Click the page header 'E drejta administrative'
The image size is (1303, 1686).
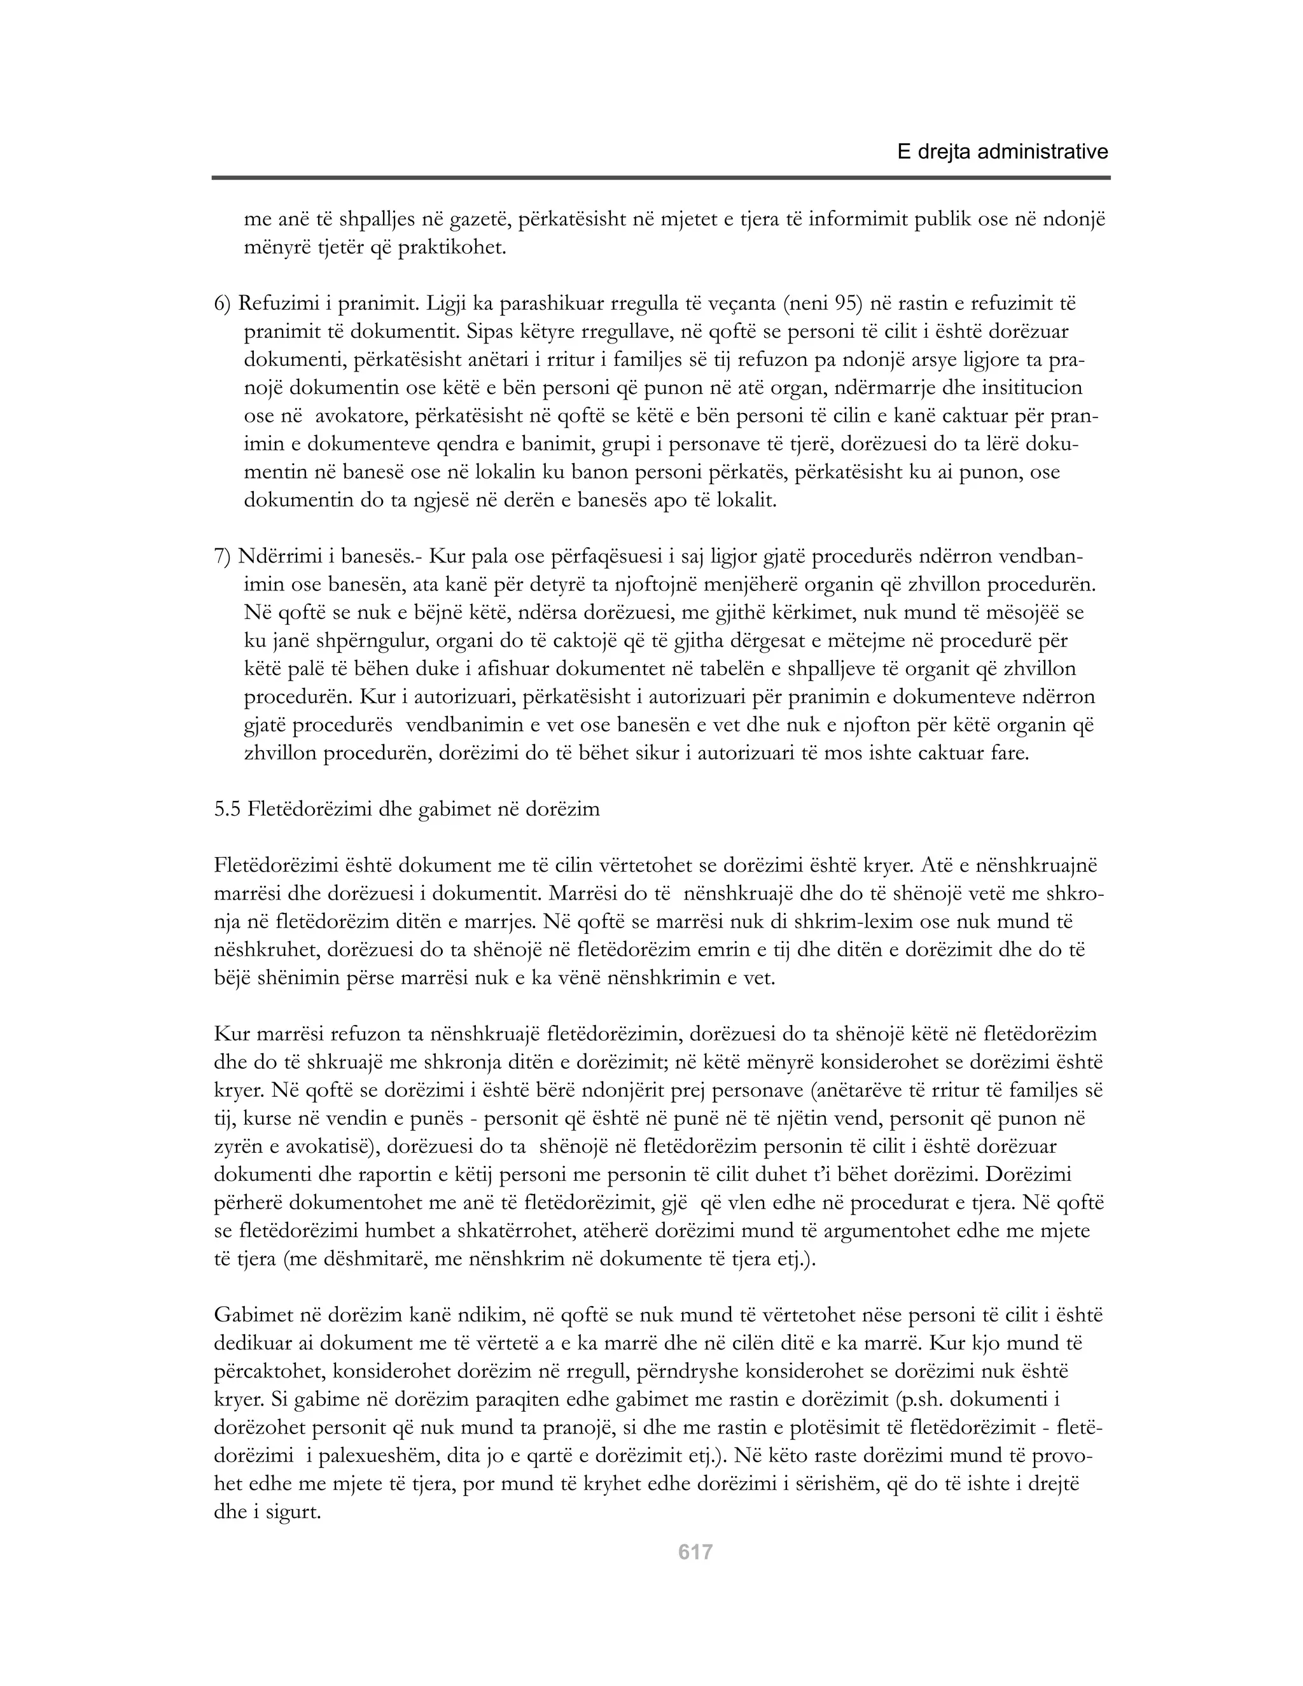point(1002,152)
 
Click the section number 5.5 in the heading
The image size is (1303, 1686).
point(228,810)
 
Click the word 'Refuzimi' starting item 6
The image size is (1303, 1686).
point(275,303)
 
